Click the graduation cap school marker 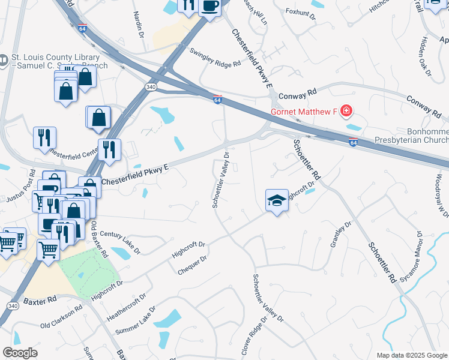click(277, 200)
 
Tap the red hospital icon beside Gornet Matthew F click(346, 110)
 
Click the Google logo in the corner click(20, 353)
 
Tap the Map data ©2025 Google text click(412, 355)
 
